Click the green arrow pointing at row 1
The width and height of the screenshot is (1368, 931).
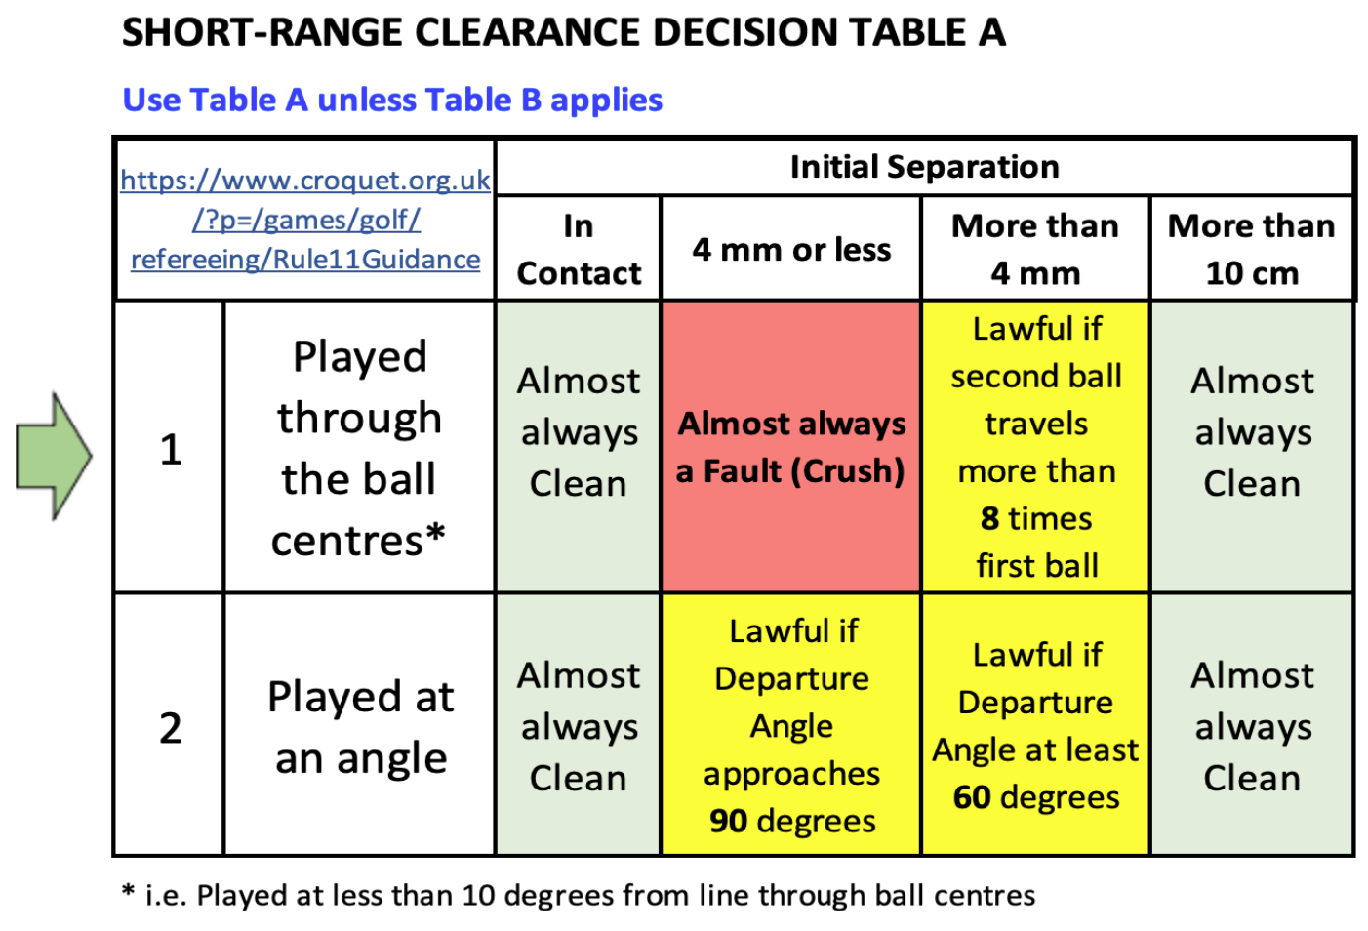[x=54, y=456]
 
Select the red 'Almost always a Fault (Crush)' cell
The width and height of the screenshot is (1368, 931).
[x=791, y=447]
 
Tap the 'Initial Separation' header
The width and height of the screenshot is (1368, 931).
[x=924, y=167]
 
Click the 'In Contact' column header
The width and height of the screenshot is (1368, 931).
[x=579, y=249]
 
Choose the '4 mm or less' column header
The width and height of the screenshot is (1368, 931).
[x=791, y=249]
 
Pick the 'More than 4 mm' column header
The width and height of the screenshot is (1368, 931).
[x=1035, y=249]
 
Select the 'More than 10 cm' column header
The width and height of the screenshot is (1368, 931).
[x=1251, y=249]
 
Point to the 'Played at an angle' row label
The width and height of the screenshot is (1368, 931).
[x=360, y=727]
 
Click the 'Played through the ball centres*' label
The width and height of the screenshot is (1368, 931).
[x=358, y=448]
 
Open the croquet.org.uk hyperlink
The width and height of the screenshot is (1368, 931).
[x=305, y=220]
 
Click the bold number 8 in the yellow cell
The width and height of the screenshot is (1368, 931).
[x=989, y=518]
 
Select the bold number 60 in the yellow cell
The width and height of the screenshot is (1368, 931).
[x=972, y=797]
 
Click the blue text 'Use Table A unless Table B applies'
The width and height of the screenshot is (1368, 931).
[x=392, y=100]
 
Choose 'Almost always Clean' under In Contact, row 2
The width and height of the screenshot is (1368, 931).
[x=579, y=727]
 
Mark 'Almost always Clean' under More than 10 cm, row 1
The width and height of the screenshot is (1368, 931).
[x=1252, y=432]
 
